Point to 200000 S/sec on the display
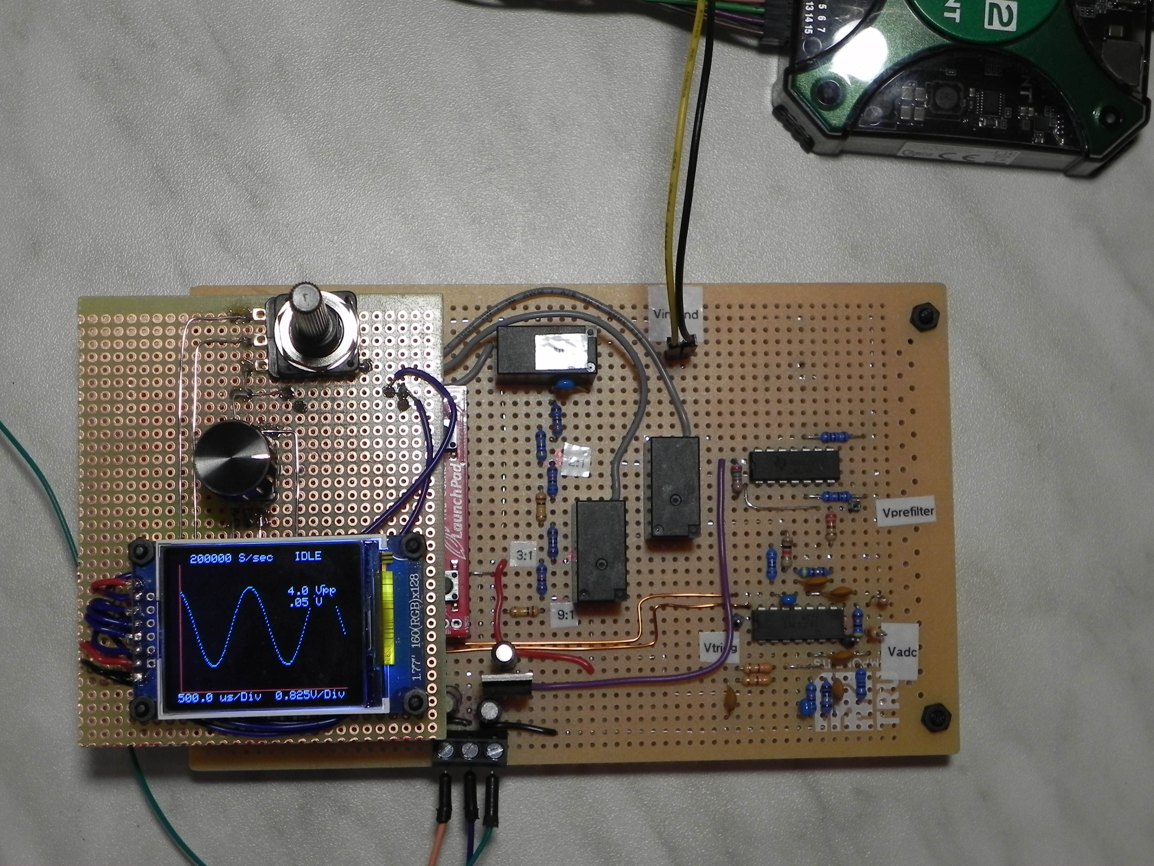(231, 558)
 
